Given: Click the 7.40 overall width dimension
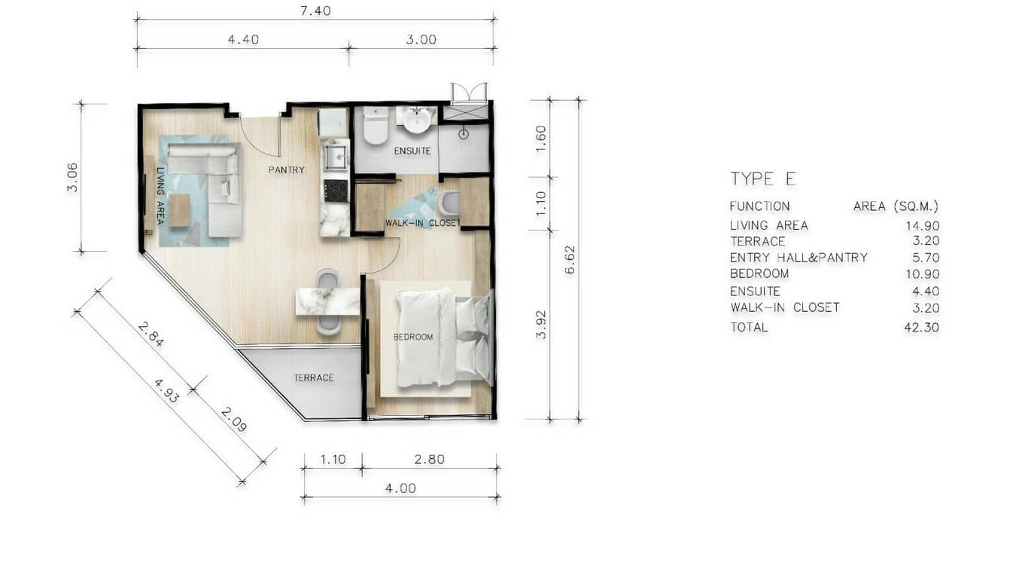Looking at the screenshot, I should (315, 11).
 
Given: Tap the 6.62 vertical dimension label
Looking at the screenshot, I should (570, 258).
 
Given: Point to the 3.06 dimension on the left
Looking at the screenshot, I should (72, 177).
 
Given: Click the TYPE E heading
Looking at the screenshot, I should (762, 179).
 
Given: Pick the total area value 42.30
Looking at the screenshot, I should (921, 328).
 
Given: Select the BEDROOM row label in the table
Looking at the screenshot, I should (759, 274).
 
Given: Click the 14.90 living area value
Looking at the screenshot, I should (921, 225).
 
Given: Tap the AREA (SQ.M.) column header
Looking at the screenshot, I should (896, 206).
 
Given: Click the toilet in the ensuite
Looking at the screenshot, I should (375, 126).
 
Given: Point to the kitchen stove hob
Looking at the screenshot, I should (335, 191).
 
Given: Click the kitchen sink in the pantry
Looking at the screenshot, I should (334, 157).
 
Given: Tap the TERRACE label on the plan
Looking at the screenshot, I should (314, 377).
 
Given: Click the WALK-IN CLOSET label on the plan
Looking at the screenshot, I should (422, 223).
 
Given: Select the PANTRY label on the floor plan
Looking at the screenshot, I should (286, 169).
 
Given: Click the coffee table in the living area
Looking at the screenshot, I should (180, 210).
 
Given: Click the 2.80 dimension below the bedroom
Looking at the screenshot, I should (429, 459).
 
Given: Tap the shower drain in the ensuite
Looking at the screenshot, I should (464, 134).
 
